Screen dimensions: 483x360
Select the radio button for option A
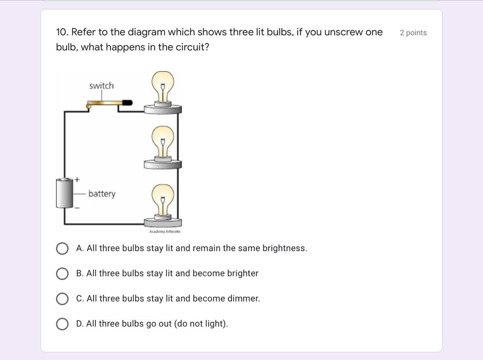tap(62, 248)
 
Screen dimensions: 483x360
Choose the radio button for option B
tap(62, 273)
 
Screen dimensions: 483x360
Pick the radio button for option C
tap(62, 298)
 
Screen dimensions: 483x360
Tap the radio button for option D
tap(62, 324)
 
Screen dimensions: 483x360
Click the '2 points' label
tap(413, 33)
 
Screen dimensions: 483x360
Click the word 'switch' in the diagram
tap(101, 86)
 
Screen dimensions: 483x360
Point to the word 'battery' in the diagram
tap(102, 194)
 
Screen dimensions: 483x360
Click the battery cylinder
tap(64, 193)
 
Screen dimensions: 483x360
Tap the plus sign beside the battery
tap(77, 180)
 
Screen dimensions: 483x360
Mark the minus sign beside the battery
tap(77, 208)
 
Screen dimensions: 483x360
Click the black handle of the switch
tap(128, 102)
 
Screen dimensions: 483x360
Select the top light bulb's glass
tap(163, 86)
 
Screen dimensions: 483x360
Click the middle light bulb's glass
tap(163, 141)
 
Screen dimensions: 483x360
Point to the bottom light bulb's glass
tap(163, 199)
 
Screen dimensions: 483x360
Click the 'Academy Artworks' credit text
tap(165, 232)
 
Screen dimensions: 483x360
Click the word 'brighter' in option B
tap(243, 273)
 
